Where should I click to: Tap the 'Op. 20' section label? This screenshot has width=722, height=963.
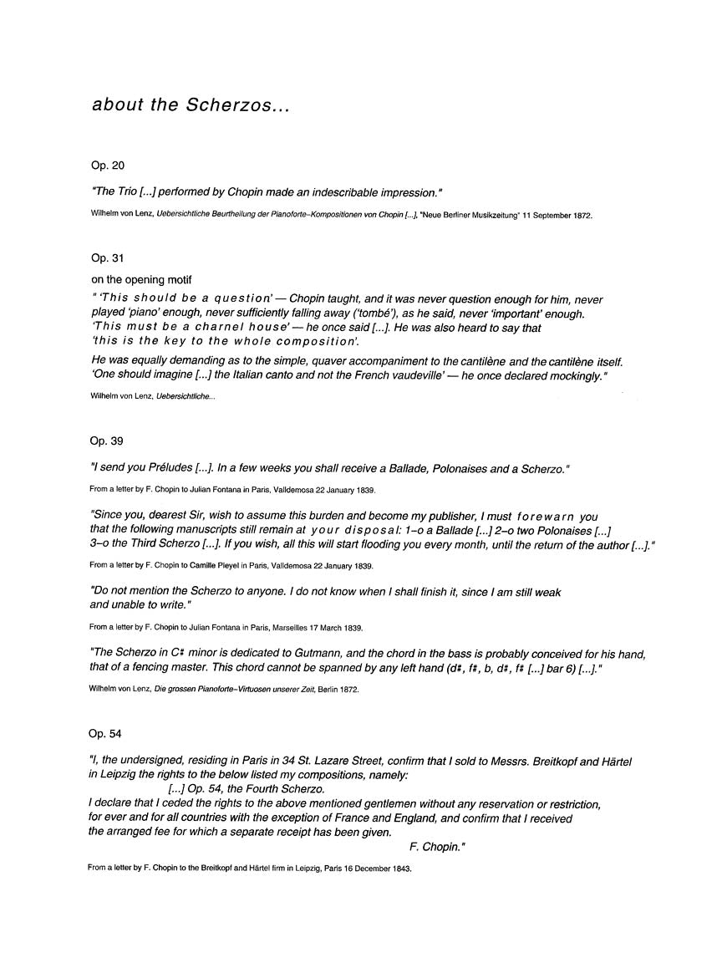(107, 166)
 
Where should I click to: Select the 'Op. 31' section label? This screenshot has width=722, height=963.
(107, 259)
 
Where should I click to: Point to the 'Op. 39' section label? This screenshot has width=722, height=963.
(106, 441)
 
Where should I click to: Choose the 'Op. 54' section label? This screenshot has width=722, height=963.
(105, 733)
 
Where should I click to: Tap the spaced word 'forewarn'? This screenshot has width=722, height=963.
(547, 517)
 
